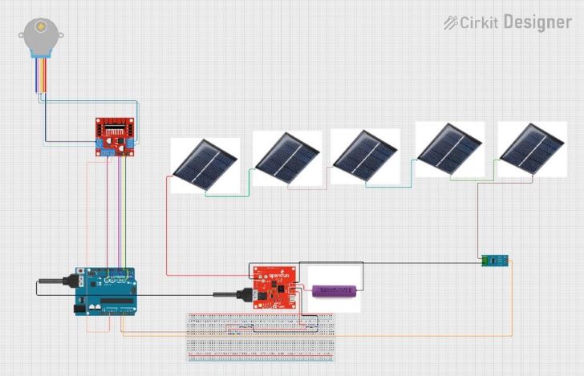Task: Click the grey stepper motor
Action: click(x=34, y=35)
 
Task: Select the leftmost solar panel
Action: click(x=205, y=164)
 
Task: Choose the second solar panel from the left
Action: click(x=286, y=159)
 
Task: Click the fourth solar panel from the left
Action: click(x=449, y=149)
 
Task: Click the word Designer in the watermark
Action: click(x=537, y=22)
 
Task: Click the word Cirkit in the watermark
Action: click(x=480, y=23)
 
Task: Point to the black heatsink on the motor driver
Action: click(x=116, y=128)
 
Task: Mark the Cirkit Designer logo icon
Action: click(x=451, y=22)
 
